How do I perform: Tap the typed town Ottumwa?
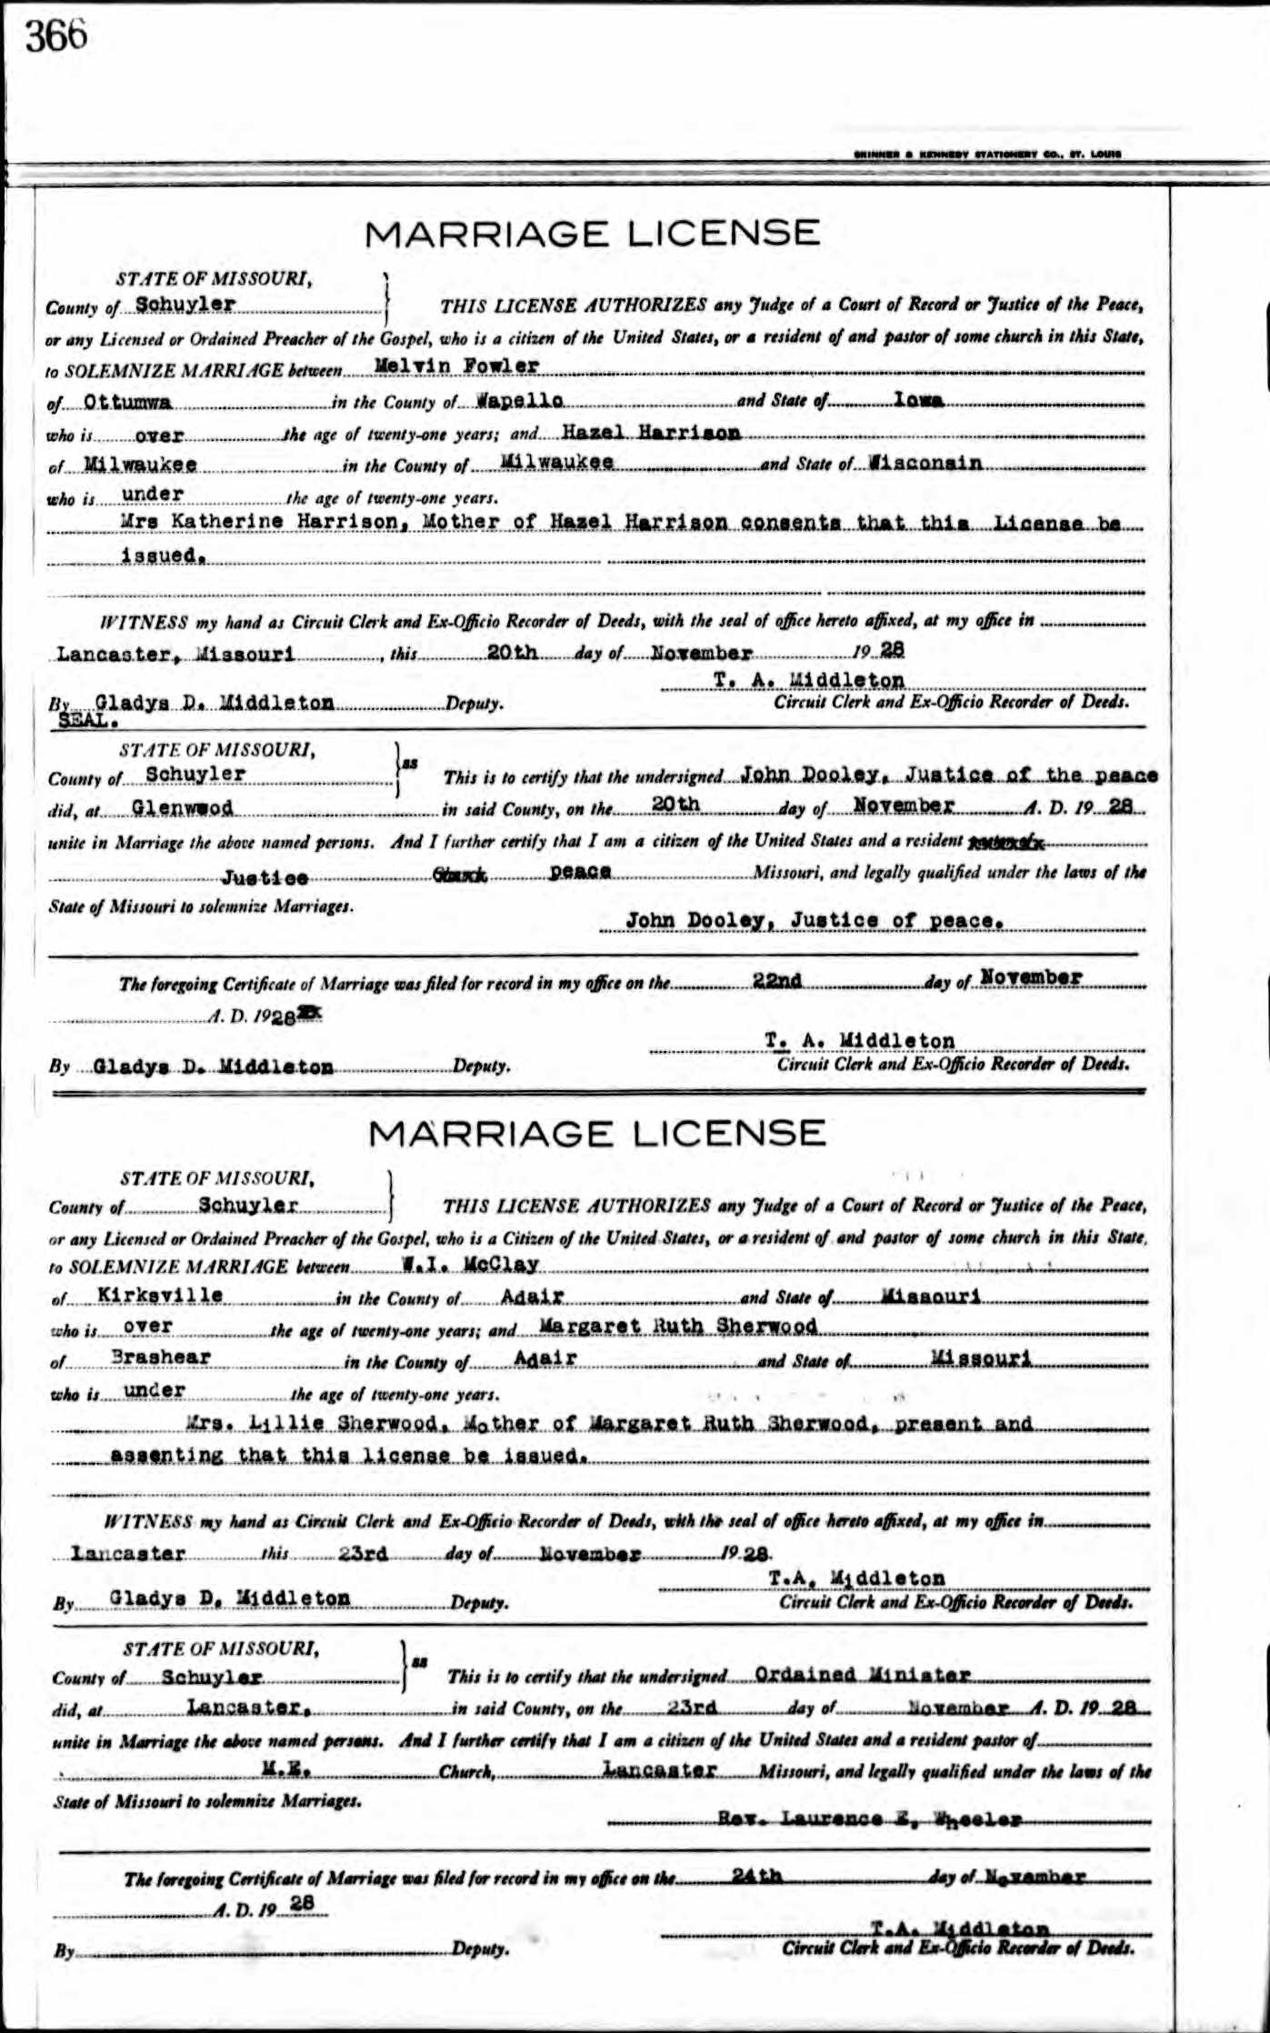click(123, 400)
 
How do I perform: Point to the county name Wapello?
click(520, 400)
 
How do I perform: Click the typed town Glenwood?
click(182, 806)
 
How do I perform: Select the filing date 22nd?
click(777, 979)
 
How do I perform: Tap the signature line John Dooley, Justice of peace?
click(815, 920)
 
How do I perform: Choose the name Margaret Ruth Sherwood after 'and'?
click(678, 1326)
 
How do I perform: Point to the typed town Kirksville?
click(159, 1295)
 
